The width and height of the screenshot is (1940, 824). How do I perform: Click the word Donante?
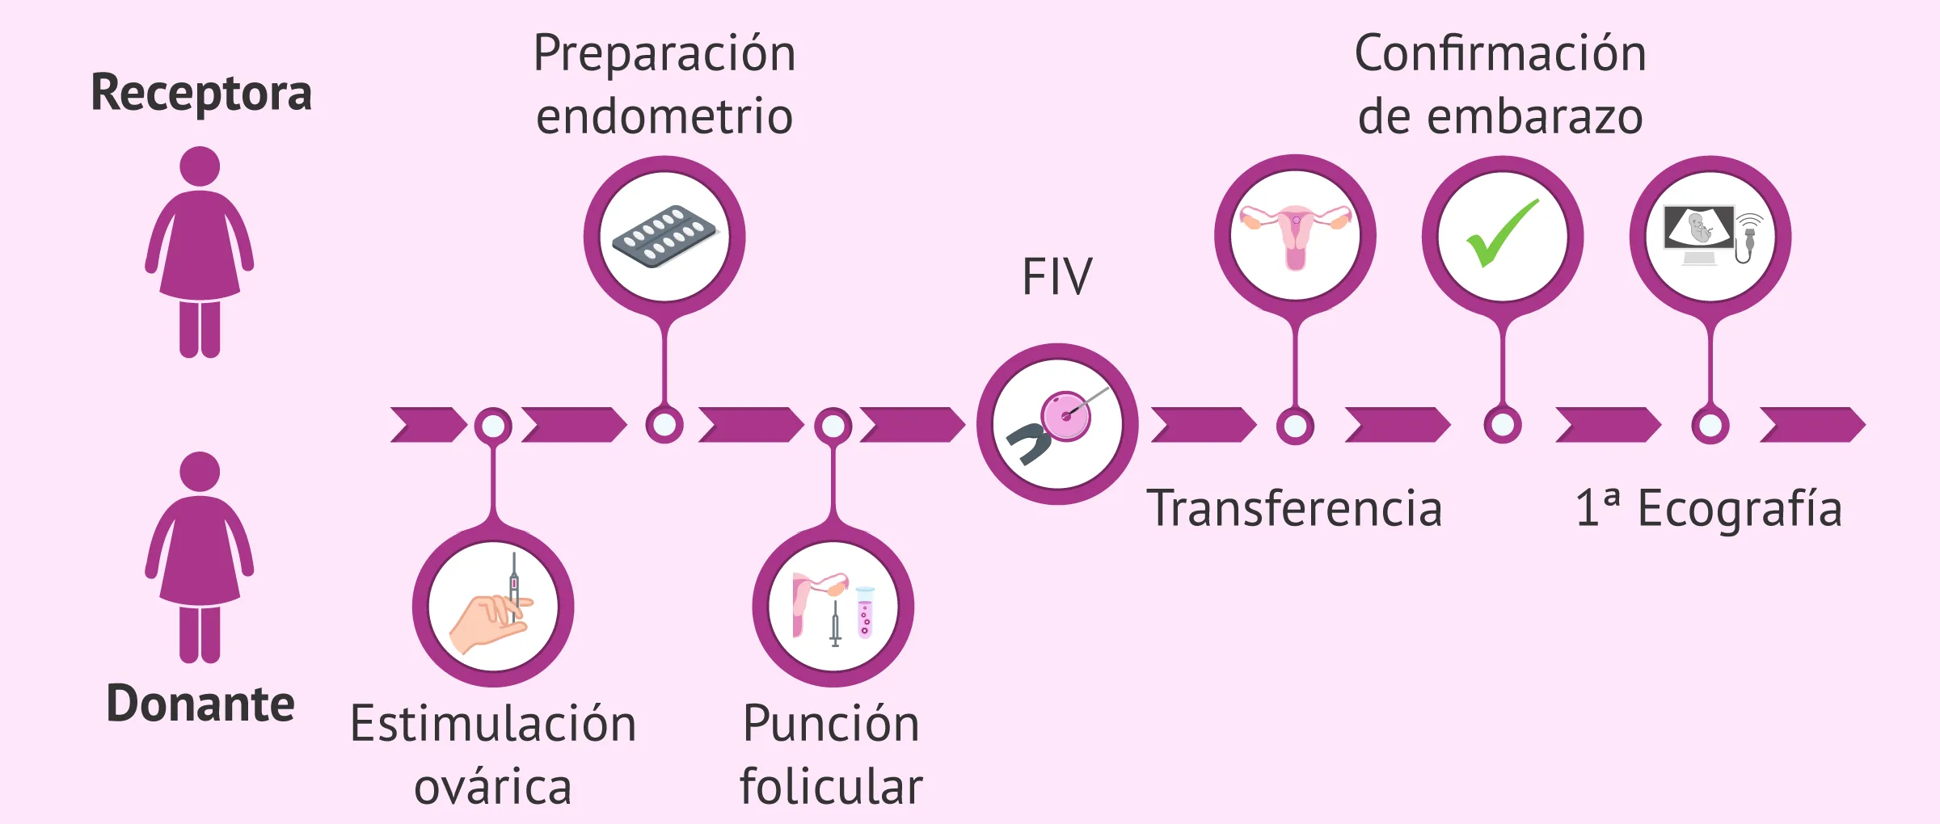pyautogui.click(x=200, y=704)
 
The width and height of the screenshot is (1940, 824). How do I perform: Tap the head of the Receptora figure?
pyautogui.click(x=200, y=166)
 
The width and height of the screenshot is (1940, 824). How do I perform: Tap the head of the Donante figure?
pyautogui.click(x=200, y=471)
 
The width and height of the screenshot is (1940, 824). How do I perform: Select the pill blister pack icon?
pyautogui.click(x=664, y=236)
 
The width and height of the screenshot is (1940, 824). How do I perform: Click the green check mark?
pyautogui.click(x=1501, y=233)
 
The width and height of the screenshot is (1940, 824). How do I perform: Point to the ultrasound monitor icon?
pyautogui.click(x=1699, y=230)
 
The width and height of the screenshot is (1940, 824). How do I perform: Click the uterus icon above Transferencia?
pyautogui.click(x=1295, y=234)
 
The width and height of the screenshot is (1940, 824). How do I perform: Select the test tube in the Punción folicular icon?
pyautogui.click(x=865, y=612)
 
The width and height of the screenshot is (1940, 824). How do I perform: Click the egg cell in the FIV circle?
pyautogui.click(x=1065, y=416)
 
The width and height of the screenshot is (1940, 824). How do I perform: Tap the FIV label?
pyautogui.click(x=1056, y=277)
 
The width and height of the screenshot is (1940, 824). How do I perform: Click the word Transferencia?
pyautogui.click(x=1294, y=509)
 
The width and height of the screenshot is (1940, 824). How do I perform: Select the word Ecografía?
pyautogui.click(x=1740, y=509)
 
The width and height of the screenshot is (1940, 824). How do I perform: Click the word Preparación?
pyautogui.click(x=664, y=54)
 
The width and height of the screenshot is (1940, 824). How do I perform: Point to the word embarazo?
pyautogui.click(x=1535, y=117)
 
